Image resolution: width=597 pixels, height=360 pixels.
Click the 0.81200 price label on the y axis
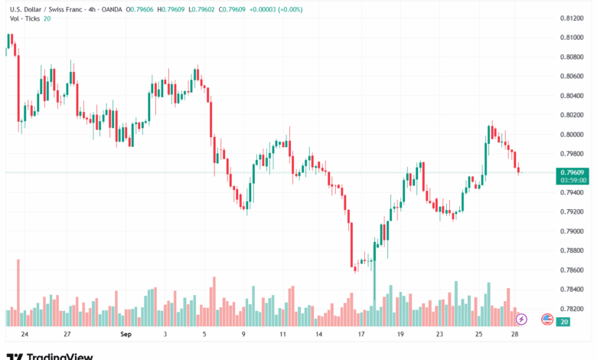573,18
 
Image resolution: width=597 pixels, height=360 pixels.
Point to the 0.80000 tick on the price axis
573,134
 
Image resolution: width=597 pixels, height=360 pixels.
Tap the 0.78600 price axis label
573,270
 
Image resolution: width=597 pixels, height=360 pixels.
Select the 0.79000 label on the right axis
573,231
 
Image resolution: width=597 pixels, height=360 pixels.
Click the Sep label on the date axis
126,335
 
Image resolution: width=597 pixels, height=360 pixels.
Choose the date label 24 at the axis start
24,335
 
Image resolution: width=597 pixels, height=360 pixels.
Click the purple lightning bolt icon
521,319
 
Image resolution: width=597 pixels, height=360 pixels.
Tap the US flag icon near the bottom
546,319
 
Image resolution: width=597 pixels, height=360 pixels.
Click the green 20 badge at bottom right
563,322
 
